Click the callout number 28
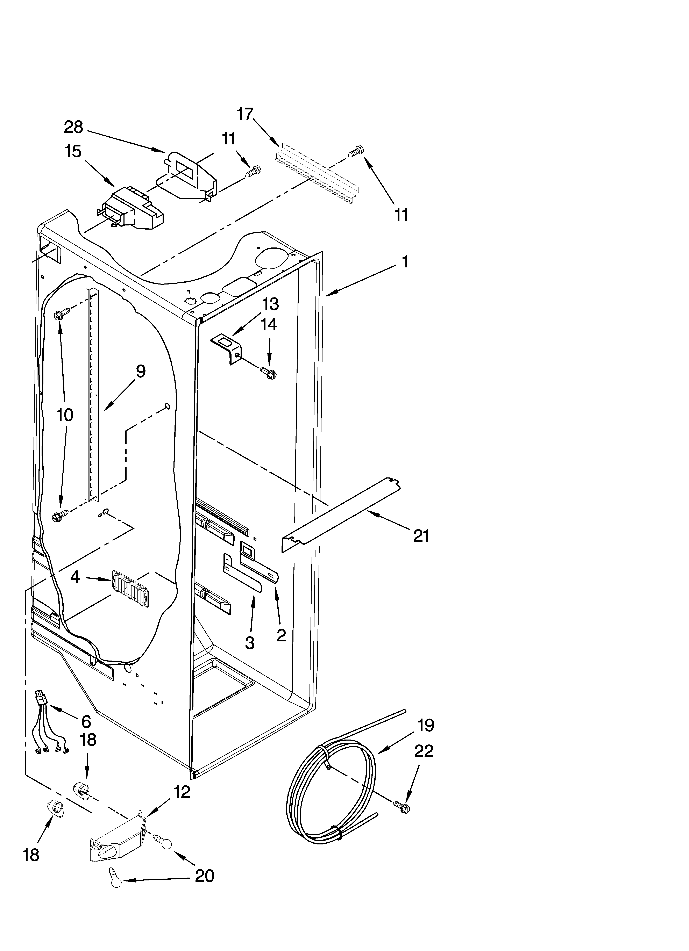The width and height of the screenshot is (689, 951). click(x=73, y=127)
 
